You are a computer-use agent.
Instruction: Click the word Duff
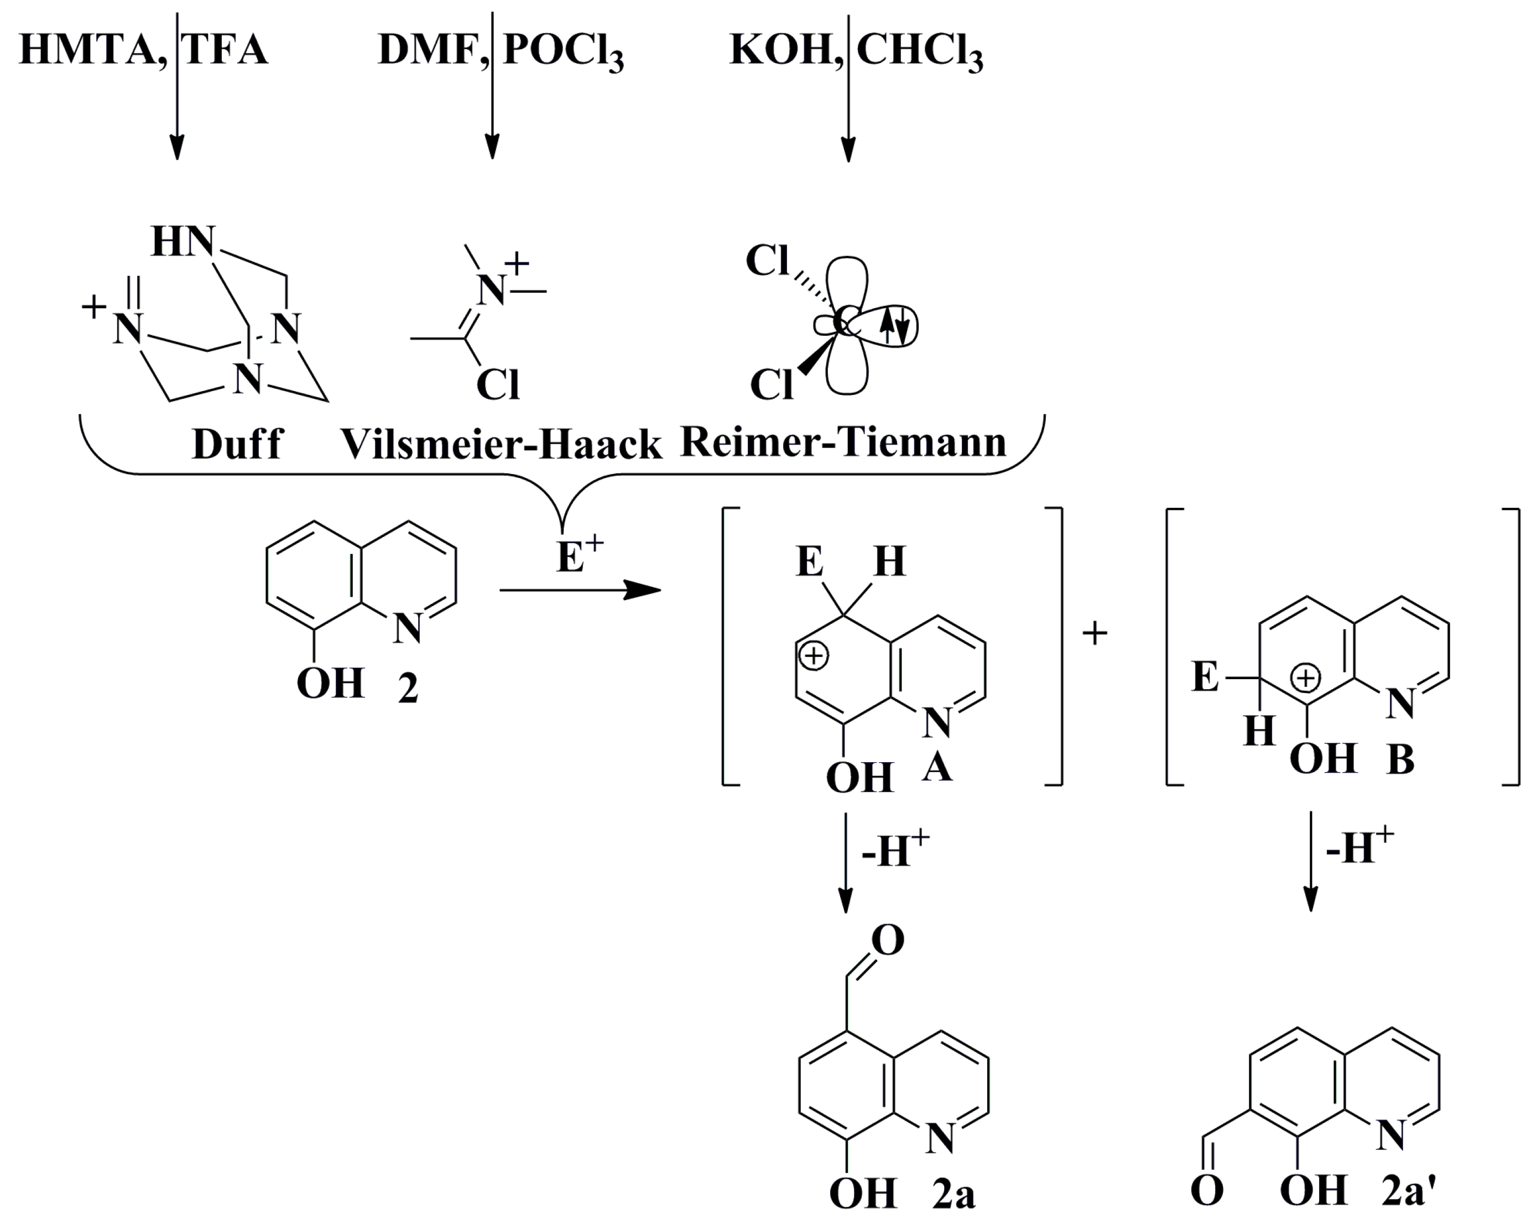coord(237,444)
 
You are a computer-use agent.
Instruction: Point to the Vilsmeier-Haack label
coord(501,445)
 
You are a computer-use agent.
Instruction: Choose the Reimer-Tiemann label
coord(843,442)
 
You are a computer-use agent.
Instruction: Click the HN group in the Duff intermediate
coord(183,242)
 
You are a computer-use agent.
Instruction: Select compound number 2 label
coord(408,689)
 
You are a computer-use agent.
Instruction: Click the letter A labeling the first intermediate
coord(937,768)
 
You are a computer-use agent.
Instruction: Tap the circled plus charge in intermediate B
coord(1306,678)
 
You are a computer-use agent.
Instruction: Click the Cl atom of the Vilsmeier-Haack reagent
coord(498,385)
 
